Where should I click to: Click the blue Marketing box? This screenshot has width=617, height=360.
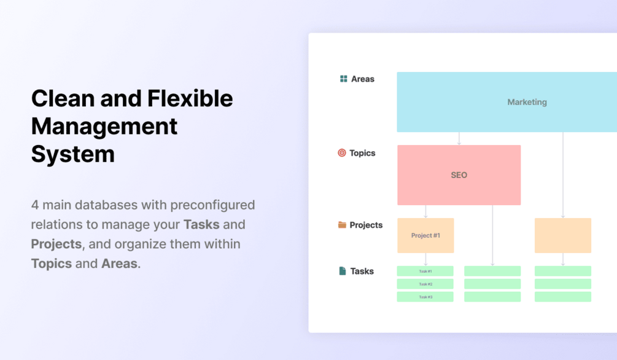point(507,102)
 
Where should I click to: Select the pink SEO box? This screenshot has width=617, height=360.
point(459,175)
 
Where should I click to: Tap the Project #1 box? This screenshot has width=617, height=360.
point(425,235)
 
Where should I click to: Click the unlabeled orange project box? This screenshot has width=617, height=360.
point(563,235)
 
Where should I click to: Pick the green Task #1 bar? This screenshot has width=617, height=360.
point(425,271)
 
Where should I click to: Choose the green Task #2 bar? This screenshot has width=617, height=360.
point(425,284)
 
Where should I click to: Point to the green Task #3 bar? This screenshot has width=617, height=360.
point(425,297)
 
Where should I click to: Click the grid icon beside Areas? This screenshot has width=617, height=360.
point(344,79)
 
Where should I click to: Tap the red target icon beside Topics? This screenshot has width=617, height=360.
point(342,153)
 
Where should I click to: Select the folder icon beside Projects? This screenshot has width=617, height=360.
point(343,225)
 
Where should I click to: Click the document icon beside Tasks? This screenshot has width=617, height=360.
point(343,271)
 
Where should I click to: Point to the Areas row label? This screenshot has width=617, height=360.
point(363,79)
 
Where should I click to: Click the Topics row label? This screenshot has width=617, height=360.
point(362,153)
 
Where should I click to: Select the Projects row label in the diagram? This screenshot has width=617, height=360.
point(366,225)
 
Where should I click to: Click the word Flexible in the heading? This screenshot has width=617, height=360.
point(190,98)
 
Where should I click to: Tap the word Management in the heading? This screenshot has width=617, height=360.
point(104,127)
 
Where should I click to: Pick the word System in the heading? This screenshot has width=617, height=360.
point(73,154)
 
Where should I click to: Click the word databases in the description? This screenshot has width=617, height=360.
point(106,205)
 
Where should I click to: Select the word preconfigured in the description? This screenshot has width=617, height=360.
point(212,205)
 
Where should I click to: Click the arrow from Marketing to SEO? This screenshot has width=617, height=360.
point(459,138)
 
